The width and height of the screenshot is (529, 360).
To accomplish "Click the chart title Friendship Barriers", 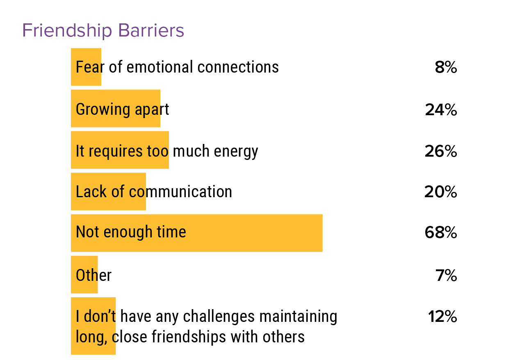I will pos(103,31).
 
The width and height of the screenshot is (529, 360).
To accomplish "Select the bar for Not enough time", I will pos(196,233).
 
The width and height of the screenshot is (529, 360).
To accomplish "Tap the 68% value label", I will pos(441,233).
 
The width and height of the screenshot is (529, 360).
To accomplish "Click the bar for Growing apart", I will pos(115,109).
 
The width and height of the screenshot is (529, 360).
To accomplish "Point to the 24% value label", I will pos(441,110).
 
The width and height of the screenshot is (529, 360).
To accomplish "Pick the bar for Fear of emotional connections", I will pos(86,67).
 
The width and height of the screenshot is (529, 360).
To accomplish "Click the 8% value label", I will pos(446,68).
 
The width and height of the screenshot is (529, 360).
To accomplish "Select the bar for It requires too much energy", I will pos(120,150).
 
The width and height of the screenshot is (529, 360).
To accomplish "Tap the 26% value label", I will pos(441,152).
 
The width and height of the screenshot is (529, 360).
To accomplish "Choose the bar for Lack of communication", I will pos(108,191).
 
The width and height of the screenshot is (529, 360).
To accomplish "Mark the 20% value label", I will pos(441,192).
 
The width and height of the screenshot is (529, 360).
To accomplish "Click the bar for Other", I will pos(84,275).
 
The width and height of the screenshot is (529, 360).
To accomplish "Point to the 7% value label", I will pos(446,276).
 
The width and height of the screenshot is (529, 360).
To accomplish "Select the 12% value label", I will pos(442,317).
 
